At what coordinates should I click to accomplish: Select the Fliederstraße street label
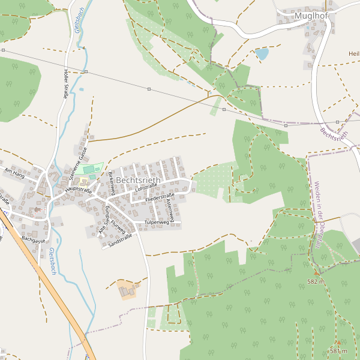[x=160, y=197]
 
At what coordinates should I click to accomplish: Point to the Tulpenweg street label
[x=157, y=222]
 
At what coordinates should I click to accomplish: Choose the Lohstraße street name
[x=146, y=188]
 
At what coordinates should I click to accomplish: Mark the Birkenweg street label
[x=112, y=183]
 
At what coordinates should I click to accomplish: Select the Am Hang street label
[x=14, y=173]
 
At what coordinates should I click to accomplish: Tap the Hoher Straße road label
[x=65, y=83]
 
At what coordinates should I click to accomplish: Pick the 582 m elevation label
[x=316, y=281]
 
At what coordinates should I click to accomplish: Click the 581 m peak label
[x=338, y=350]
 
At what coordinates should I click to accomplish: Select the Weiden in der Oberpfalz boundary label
[x=317, y=215]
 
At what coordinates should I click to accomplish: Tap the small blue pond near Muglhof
[x=262, y=54]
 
